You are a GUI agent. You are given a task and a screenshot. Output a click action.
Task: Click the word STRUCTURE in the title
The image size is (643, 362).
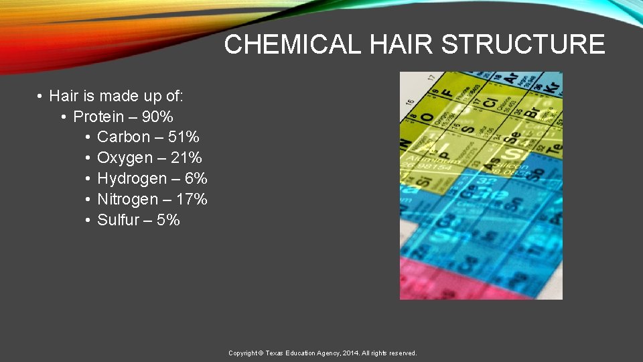pyautogui.click(x=523, y=45)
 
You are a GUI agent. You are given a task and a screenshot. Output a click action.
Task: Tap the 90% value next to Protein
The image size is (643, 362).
pyautogui.click(x=157, y=117)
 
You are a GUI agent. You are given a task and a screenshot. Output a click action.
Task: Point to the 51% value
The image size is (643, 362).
pyautogui.click(x=184, y=137)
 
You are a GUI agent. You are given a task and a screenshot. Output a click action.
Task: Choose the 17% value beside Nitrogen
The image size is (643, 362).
pyautogui.click(x=192, y=199)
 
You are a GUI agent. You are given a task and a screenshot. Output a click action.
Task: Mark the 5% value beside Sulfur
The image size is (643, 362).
pyautogui.click(x=168, y=220)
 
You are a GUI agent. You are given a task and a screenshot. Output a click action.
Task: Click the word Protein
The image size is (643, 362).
pyautogui.click(x=98, y=117)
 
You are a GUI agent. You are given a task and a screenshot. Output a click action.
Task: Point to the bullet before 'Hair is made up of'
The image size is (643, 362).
pyautogui.click(x=40, y=97)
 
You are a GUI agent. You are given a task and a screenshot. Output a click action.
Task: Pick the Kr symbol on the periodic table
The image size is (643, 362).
pyautogui.click(x=552, y=87)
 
